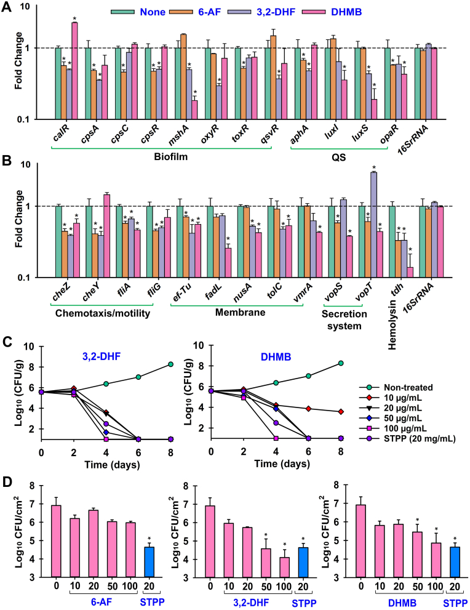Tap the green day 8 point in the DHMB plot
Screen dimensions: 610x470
point(341,364)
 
